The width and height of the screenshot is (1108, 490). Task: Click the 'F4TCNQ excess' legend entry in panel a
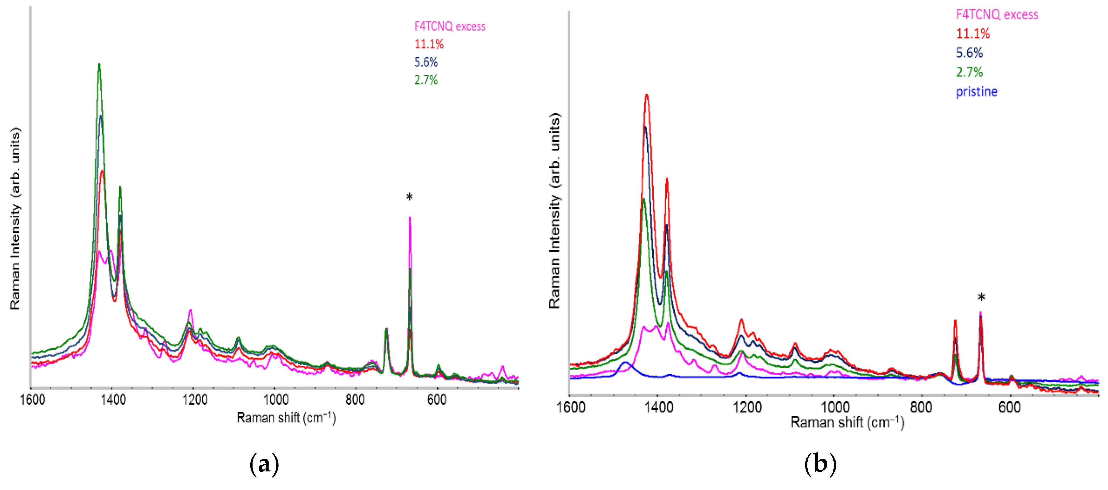click(449, 27)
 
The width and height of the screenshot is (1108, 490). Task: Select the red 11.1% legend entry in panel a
click(429, 44)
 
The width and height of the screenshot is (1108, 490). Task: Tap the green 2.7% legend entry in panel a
click(426, 80)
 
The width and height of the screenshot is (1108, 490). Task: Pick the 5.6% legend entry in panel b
click(969, 53)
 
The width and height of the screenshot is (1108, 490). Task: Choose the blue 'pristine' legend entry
click(976, 92)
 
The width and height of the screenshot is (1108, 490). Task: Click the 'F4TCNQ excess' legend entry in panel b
click(996, 15)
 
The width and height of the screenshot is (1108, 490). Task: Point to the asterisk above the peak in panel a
click(410, 197)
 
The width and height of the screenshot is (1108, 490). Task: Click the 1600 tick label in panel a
click(33, 400)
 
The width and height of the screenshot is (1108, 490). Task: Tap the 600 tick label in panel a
click(437, 400)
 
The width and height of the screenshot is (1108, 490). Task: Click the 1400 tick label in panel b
click(659, 407)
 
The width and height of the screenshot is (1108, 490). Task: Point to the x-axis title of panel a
click(286, 418)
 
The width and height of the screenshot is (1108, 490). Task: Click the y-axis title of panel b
click(554, 211)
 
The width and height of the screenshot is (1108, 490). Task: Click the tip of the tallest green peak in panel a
click(99, 64)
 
